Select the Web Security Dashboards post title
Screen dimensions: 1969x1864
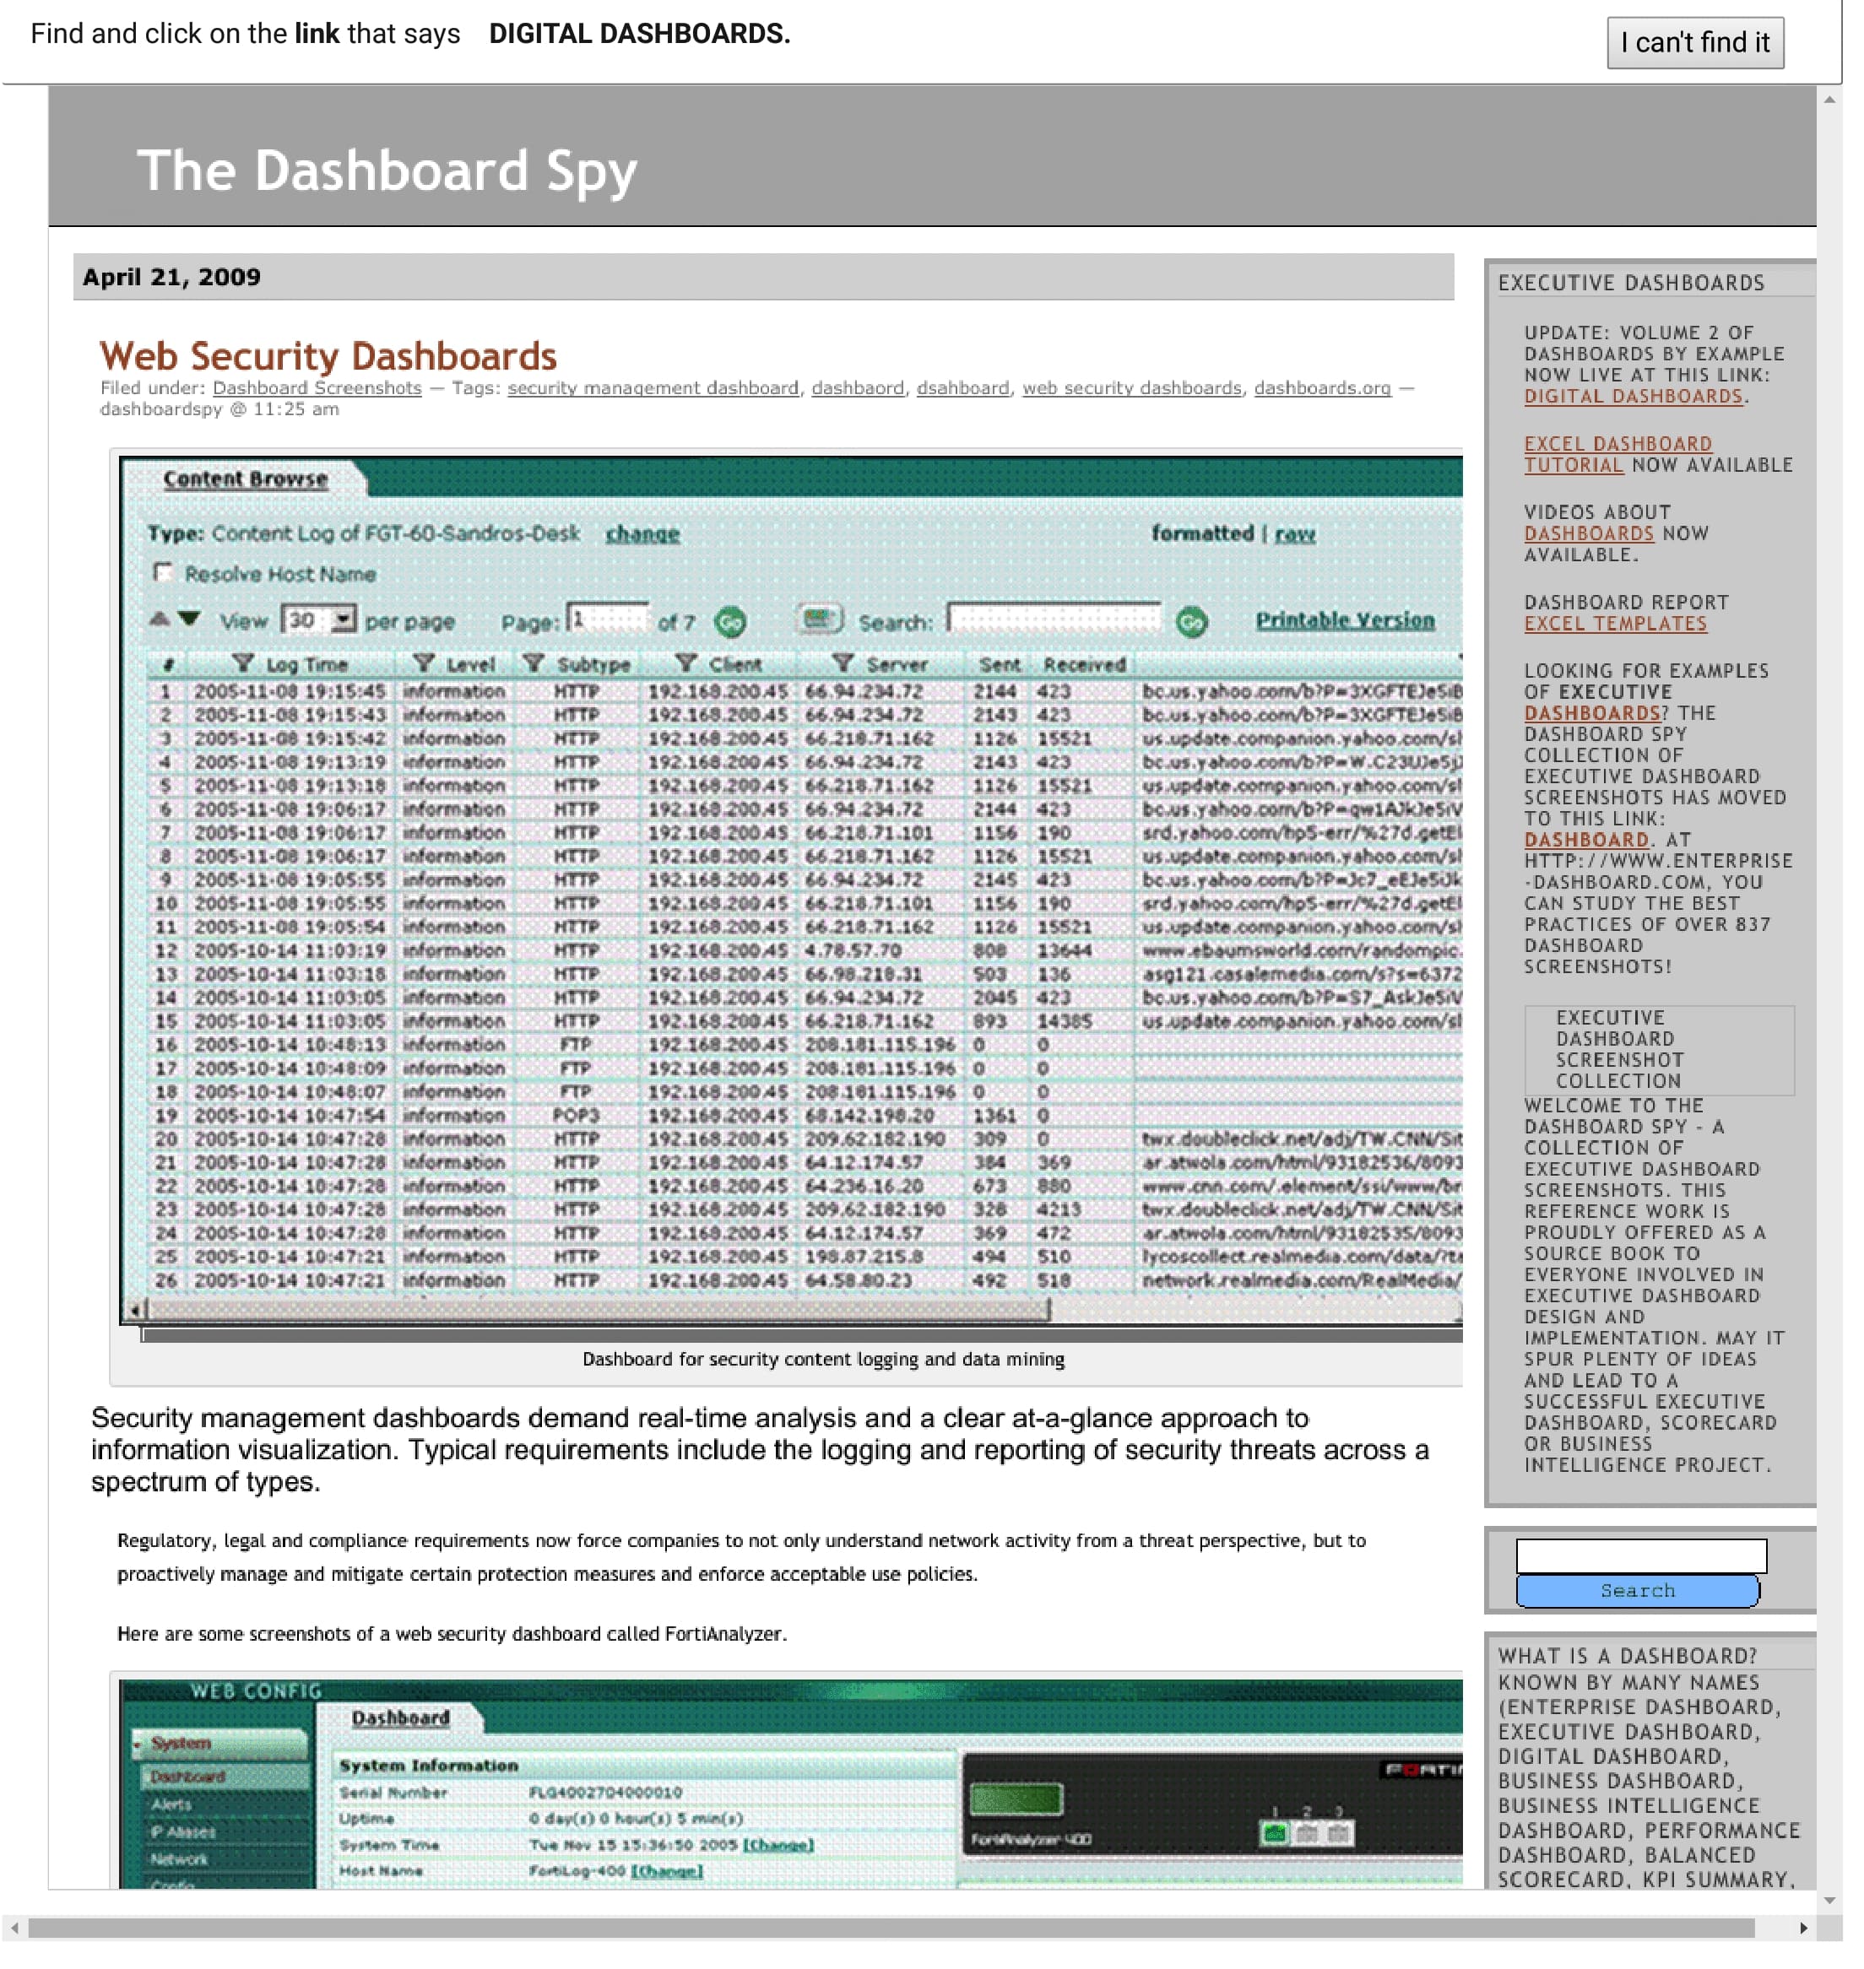point(331,360)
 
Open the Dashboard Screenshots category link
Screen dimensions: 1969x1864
point(320,392)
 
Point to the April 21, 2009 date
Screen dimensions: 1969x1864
point(173,280)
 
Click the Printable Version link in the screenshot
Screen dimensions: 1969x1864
point(1359,627)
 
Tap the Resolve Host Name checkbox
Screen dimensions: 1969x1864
point(164,577)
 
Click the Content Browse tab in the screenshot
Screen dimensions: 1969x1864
point(247,484)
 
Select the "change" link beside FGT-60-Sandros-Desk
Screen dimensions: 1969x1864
point(649,539)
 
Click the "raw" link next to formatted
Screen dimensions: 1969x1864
point(1309,539)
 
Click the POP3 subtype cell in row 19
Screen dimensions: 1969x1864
point(582,1127)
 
